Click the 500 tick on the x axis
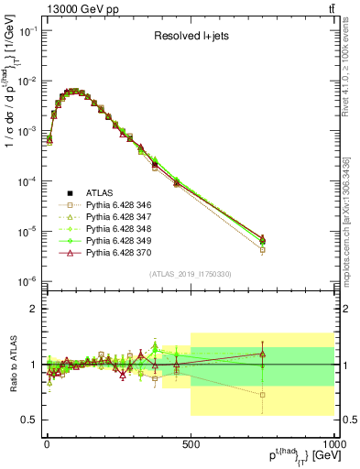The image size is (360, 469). [190, 445]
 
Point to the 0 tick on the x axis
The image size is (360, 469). [47, 445]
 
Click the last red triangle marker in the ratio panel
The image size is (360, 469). [263, 354]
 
